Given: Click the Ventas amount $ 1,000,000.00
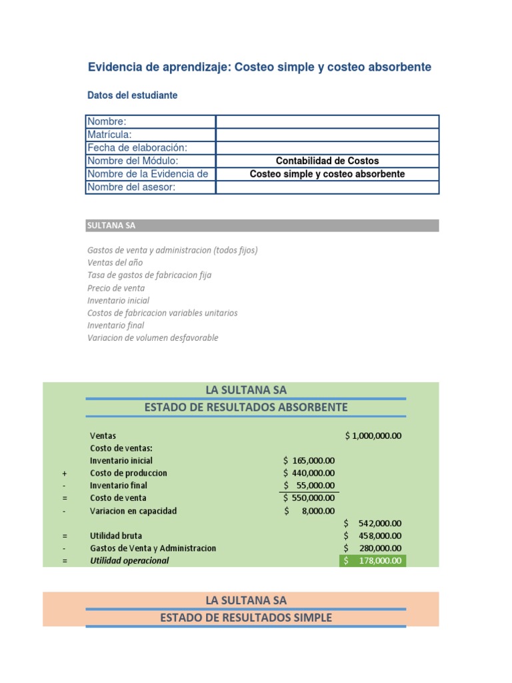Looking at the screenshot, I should coord(373,436).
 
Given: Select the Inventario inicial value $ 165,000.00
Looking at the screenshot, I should coord(309,460).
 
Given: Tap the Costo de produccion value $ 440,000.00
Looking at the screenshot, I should coord(309,473).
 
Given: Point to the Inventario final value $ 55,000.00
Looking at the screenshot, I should coord(309,486).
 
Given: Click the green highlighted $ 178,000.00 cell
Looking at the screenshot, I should coord(373,561).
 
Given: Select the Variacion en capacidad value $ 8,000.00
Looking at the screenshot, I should coord(309,511).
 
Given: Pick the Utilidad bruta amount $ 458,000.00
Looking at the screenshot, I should coord(373,536).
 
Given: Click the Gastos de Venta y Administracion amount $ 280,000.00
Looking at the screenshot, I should coord(373,548).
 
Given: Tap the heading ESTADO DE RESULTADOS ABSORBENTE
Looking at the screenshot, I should coord(246,408).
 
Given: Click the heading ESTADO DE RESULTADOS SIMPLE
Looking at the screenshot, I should coord(246,618).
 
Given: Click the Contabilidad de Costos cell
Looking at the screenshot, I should coord(327,161).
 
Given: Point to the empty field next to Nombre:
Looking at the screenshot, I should coord(327,121).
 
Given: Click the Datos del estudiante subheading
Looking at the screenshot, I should coord(133,95).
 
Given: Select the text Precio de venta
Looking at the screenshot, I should coord(116,288).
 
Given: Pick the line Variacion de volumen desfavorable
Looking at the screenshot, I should coord(153,337).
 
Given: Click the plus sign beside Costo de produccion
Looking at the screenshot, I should coord(65,473).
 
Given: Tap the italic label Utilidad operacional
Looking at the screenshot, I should coord(129,561).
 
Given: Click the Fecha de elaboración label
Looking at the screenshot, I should coord(137,147).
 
